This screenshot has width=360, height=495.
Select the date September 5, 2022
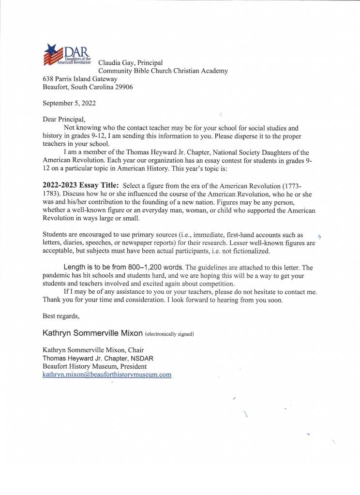click(70, 103)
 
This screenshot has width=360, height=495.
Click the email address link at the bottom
click(107, 375)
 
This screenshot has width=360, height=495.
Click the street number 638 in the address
click(49, 79)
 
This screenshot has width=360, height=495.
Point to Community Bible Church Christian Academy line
click(163, 71)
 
